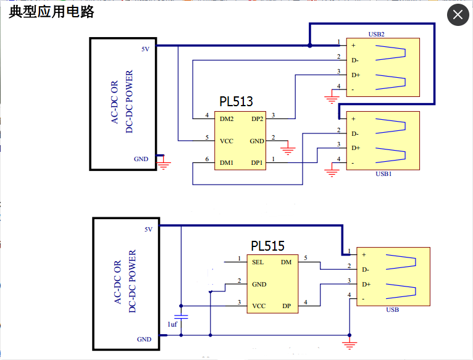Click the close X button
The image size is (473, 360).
(458, 15)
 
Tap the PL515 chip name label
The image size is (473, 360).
(267, 246)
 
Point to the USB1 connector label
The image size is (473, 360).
(383, 174)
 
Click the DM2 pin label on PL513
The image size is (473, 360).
(227, 119)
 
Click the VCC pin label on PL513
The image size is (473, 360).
(226, 141)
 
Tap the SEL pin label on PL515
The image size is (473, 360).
(258, 262)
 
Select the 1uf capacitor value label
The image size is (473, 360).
(174, 324)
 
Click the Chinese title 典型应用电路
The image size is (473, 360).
(52, 12)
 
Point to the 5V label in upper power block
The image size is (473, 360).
(145, 48)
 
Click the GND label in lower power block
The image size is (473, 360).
(144, 339)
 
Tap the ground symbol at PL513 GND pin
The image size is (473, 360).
(288, 149)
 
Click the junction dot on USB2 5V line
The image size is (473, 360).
(309, 45)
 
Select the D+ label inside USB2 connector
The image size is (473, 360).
(356, 75)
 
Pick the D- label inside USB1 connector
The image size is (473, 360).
(355, 133)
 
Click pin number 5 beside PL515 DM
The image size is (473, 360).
(305, 257)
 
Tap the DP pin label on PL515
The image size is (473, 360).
(287, 306)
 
